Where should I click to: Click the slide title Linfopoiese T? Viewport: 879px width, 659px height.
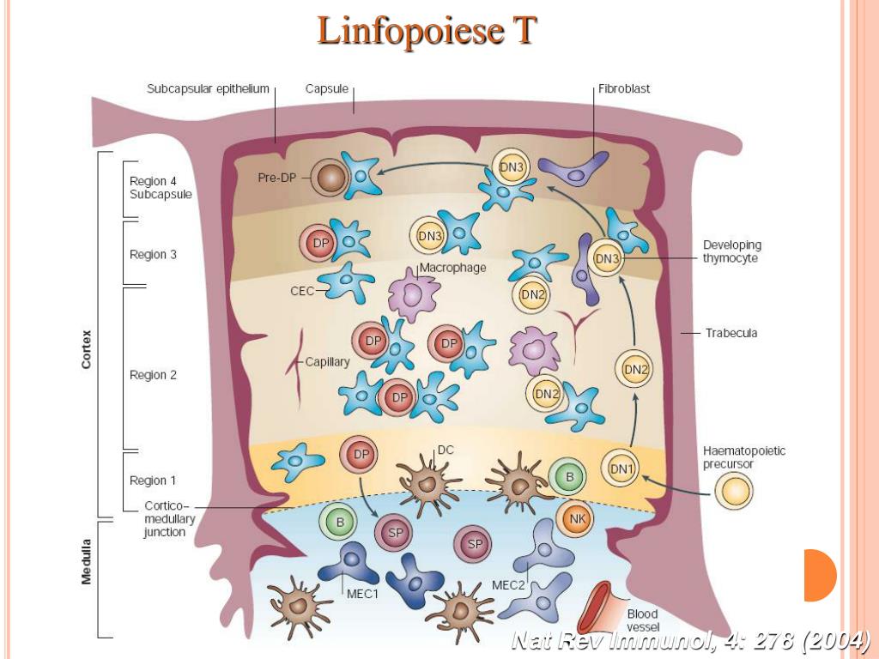click(x=427, y=31)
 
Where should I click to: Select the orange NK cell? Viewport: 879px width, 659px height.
click(x=576, y=517)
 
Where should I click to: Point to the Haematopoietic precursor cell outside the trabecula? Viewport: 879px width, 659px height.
click(x=735, y=492)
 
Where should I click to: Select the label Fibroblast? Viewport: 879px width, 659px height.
click(x=624, y=88)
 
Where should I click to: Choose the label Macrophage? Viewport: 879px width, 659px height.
click(x=452, y=268)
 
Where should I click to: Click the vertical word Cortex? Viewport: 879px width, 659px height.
click(x=86, y=349)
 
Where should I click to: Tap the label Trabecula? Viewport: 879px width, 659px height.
click(x=731, y=333)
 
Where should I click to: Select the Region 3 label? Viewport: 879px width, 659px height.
click(x=153, y=255)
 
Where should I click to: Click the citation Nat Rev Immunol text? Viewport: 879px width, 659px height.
click(x=690, y=640)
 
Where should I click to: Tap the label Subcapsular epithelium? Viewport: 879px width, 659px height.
click(x=208, y=88)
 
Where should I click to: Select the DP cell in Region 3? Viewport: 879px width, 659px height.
click(x=321, y=245)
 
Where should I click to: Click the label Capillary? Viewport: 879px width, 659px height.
click(x=327, y=362)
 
